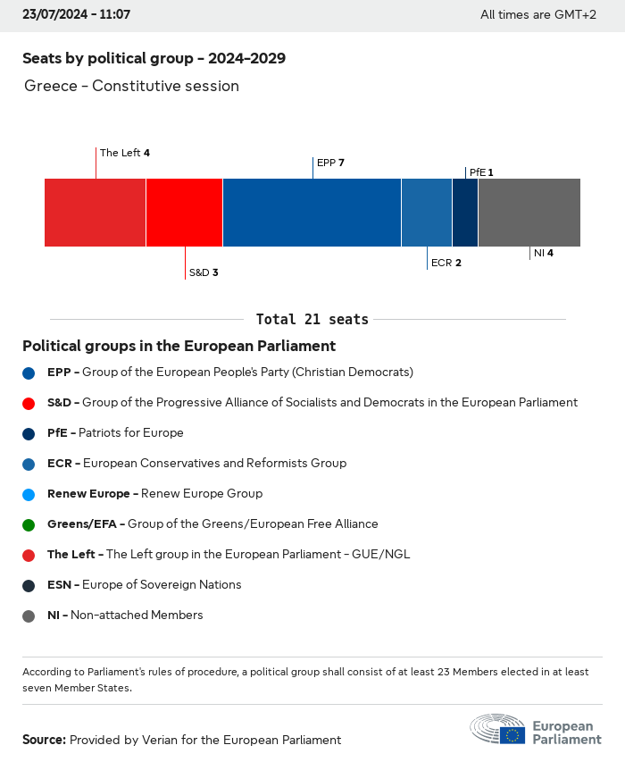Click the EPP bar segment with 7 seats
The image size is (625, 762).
point(312,213)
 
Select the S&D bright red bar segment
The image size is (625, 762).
point(184,213)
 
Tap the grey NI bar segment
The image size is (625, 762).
point(529,213)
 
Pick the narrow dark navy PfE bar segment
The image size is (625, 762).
point(465,213)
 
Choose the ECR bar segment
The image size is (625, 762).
point(427,213)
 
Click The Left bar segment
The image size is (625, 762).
point(95,213)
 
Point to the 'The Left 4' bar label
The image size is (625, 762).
point(124,153)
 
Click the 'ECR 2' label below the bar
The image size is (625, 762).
point(446,263)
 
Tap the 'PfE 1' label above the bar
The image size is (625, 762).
point(480,172)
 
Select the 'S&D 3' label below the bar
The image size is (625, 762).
point(203,272)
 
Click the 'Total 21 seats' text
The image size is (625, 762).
point(312,319)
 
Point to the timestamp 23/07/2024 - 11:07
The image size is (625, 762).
point(76,14)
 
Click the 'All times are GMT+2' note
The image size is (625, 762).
point(537,14)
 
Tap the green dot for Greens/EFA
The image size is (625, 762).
point(29,524)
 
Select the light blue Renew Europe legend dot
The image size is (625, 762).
point(29,494)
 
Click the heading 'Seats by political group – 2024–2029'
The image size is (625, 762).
point(154,59)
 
